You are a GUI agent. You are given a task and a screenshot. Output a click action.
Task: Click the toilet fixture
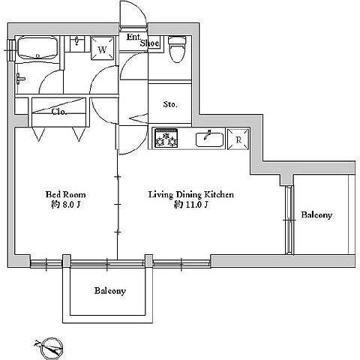(x=177, y=49)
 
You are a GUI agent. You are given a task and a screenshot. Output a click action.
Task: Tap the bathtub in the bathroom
(x=38, y=48)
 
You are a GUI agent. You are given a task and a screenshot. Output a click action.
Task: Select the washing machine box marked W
(x=102, y=48)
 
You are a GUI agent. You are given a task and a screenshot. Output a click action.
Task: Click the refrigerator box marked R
(x=238, y=139)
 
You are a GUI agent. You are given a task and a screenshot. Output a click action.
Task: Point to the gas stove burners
(x=166, y=138)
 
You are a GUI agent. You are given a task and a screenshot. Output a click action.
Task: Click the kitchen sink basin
(x=209, y=139)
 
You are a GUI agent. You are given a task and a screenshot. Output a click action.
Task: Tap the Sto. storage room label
(x=170, y=104)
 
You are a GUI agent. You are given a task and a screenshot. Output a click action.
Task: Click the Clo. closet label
(x=59, y=112)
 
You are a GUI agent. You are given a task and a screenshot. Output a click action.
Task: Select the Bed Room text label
(x=65, y=194)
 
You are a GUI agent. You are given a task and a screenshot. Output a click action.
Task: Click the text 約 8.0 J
(x=65, y=205)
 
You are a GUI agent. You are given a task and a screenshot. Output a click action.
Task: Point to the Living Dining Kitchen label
(x=191, y=194)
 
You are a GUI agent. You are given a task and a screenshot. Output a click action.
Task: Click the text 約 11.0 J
(x=191, y=205)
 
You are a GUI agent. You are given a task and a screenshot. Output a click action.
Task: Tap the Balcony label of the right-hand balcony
(x=316, y=214)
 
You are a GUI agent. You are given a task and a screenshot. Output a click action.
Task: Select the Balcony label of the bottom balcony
(x=110, y=291)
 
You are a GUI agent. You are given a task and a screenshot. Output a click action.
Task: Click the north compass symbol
(x=51, y=347)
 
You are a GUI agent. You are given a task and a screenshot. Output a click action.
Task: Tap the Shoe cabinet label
(x=149, y=43)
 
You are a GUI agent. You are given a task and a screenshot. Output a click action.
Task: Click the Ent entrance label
(x=133, y=37)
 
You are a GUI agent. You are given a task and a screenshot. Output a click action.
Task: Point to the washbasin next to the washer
(x=77, y=43)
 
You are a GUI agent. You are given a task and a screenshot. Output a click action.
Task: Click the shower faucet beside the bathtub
(x=20, y=79)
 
